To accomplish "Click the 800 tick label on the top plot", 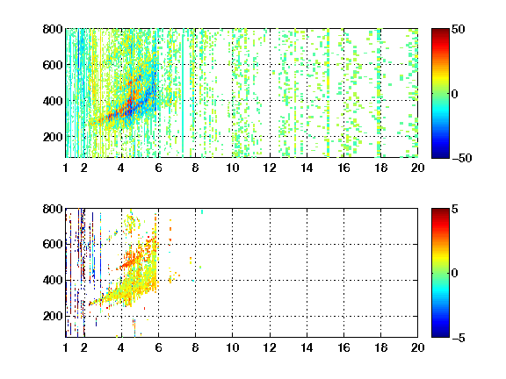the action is (53, 29).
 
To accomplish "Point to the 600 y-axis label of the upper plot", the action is (53, 65).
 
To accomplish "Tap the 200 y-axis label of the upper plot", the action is (53, 137).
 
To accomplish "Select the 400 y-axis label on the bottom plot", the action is (53, 280).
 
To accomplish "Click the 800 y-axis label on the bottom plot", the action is (53, 209).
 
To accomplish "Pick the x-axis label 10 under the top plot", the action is (232, 168).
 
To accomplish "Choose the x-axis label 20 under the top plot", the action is (417, 168).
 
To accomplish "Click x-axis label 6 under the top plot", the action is (158, 168).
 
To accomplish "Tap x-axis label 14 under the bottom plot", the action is (307, 347).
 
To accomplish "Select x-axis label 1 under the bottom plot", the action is (66, 347).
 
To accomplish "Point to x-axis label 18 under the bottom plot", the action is (380, 347).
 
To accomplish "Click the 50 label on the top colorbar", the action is (458, 29).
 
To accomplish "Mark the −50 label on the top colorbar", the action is (462, 158).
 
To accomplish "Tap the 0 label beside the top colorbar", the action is (454, 94).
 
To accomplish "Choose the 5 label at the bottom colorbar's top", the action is (455, 209).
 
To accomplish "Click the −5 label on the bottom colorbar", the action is (459, 338).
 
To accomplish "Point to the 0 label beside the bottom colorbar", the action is (454, 274).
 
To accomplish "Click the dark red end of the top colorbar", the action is (440, 31).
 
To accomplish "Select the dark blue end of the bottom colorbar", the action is (440, 335).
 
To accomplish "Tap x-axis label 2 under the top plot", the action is (84, 168).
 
